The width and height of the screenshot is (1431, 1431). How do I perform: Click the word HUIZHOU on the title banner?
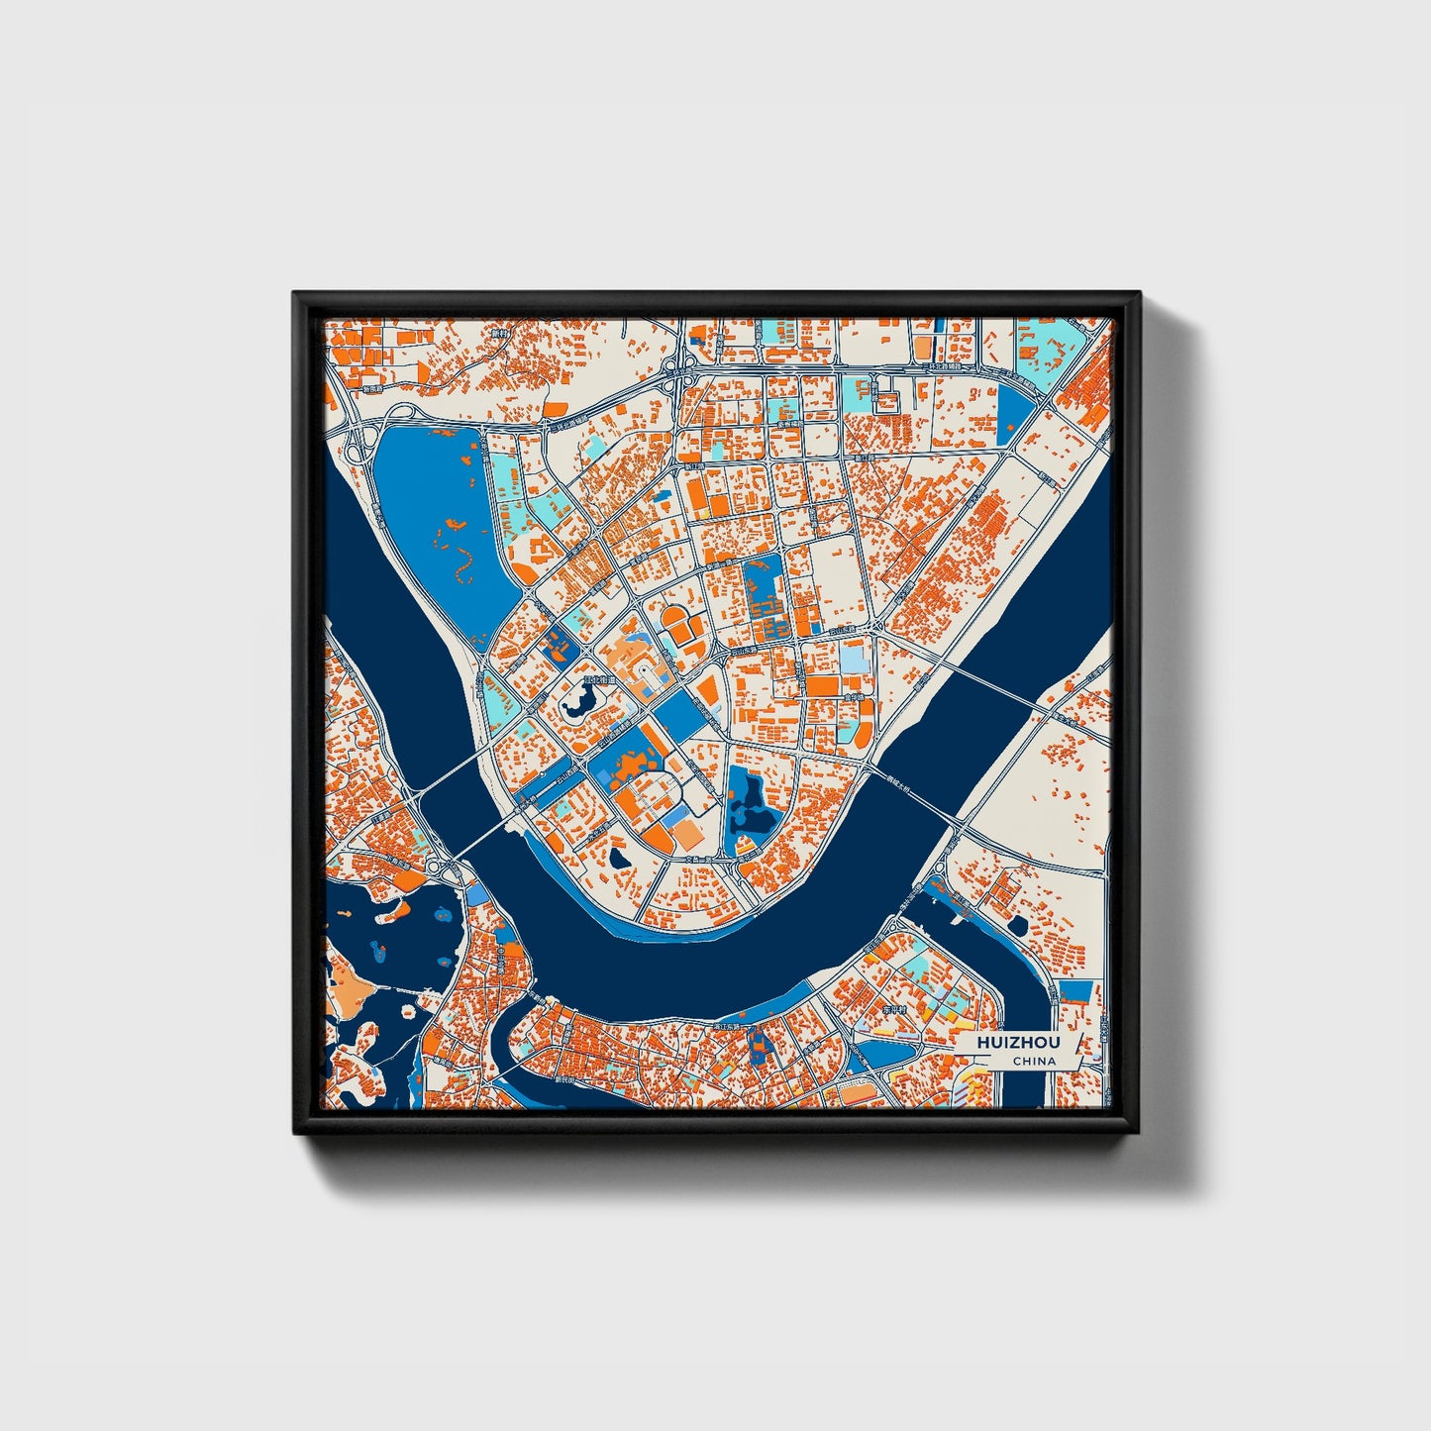1017,1043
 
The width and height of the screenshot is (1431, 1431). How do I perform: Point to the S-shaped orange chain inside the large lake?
460,564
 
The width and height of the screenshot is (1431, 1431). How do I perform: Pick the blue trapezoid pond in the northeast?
1013,411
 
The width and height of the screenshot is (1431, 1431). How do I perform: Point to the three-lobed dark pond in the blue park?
750,802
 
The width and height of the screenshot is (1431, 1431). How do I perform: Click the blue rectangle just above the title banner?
1075,991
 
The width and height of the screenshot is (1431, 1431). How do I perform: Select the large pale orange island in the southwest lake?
347,986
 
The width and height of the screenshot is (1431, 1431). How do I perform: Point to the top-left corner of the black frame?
296,295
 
